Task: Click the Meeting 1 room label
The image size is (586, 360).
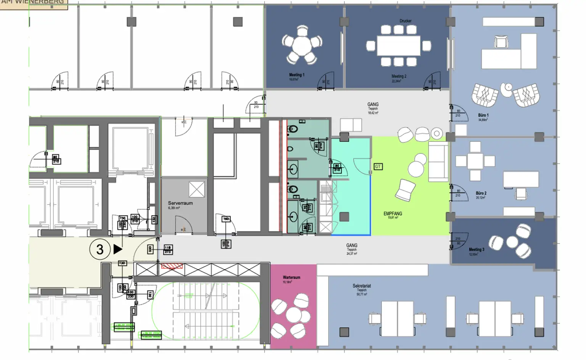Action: point(296,75)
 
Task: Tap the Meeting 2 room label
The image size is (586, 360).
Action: point(399,76)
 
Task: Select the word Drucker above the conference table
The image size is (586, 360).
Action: point(406,21)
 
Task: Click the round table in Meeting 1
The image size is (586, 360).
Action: point(302,45)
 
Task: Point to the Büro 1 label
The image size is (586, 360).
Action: point(483,115)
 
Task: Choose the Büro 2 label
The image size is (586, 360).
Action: point(481,193)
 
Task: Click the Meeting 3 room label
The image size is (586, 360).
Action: point(477,250)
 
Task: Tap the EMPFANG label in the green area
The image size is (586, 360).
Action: point(393,214)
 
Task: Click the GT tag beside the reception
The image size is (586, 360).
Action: point(378,166)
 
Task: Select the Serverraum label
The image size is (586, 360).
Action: point(180,203)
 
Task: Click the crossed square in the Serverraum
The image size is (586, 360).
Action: point(197,189)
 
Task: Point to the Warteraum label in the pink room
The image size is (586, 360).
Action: point(291,278)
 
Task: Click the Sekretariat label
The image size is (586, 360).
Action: point(362,286)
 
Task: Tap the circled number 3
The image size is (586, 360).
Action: point(100,249)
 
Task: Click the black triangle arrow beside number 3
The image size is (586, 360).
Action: point(118,249)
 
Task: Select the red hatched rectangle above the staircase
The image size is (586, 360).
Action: point(172,266)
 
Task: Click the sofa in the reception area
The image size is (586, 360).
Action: point(439,161)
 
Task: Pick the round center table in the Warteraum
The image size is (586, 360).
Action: point(294,315)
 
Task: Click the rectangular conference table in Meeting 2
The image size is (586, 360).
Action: point(399,46)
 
